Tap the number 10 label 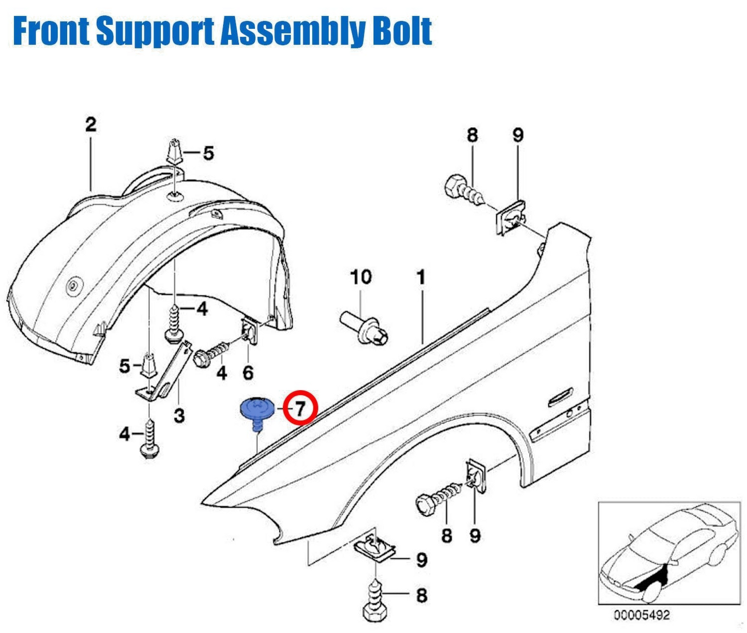coord(360,277)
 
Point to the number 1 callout coord(421,277)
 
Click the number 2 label coord(90,125)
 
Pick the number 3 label coord(179,415)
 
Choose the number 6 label coord(248,372)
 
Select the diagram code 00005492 coord(642,615)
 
